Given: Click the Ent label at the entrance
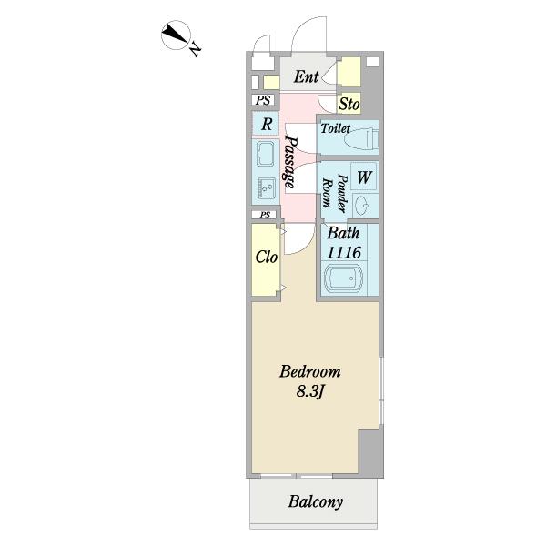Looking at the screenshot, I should click(306, 77).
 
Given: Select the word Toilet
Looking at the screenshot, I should click(335, 129).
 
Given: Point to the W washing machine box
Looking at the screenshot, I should click(363, 176).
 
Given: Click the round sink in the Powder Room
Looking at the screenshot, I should click(362, 202).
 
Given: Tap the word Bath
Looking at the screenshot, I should click(343, 233).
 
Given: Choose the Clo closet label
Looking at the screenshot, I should click(266, 258).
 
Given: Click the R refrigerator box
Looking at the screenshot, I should click(266, 124).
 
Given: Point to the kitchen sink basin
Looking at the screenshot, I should click(267, 153).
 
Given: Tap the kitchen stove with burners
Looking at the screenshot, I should click(267, 188).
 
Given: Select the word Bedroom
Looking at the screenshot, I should click(310, 371).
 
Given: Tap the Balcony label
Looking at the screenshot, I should click(316, 501).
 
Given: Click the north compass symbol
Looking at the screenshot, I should click(175, 37).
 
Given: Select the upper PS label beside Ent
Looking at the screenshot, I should click(263, 100).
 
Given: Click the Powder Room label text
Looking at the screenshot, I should click(334, 193).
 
